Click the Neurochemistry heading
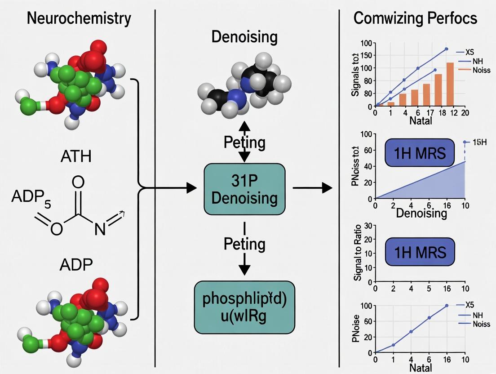(79, 19)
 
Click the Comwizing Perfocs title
(416, 18)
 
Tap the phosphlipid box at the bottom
(244, 307)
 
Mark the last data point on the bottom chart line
(447, 306)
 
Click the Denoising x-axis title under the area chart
(421, 213)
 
